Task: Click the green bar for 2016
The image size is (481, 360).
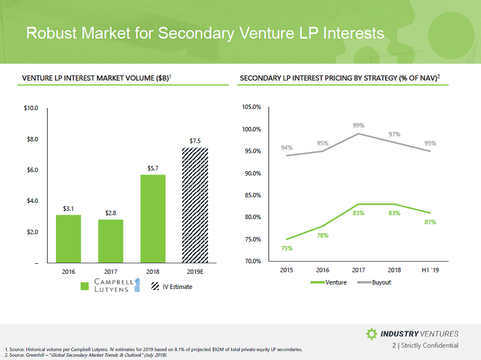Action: (x=68, y=239)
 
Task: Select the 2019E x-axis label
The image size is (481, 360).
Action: (x=195, y=272)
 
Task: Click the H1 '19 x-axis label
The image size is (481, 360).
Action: (x=430, y=271)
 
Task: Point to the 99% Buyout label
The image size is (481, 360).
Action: (x=359, y=126)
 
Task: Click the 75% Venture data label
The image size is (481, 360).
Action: (x=286, y=248)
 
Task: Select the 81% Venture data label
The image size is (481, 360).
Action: (x=430, y=222)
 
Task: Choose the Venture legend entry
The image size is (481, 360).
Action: (x=331, y=282)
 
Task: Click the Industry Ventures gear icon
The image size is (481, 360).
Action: (x=371, y=334)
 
